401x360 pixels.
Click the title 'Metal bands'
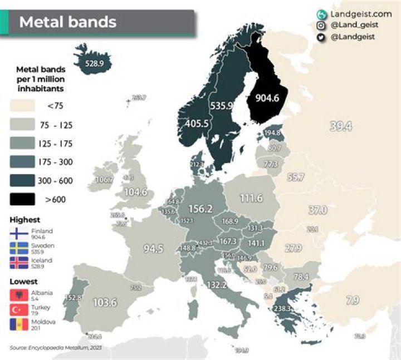pos(68,22)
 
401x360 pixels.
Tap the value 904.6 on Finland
pos(271,97)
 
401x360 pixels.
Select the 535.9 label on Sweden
pos(221,105)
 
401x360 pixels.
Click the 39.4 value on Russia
pos(340,126)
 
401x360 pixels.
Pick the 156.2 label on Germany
pos(202,209)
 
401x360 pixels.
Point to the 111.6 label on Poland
pos(251,199)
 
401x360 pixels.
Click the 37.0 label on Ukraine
pos(317,210)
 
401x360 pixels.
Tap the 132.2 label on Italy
pos(217,285)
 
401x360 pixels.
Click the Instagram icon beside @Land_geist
pos(321,26)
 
